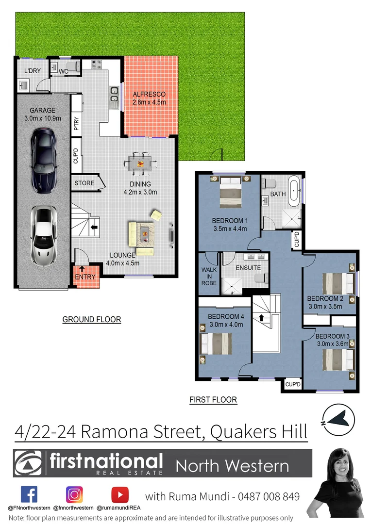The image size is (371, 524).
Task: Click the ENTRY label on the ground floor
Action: click(x=85, y=277)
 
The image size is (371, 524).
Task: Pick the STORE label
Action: click(x=84, y=183)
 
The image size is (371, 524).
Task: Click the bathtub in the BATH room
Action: click(x=294, y=192)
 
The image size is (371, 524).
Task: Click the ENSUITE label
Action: click(x=248, y=268)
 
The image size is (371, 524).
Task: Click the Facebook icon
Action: click(x=29, y=495)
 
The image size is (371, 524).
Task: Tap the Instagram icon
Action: click(x=74, y=495)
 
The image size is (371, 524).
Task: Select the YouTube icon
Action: click(x=119, y=495)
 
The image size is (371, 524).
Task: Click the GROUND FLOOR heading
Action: click(x=92, y=319)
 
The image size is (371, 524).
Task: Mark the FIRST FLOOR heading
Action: click(x=213, y=400)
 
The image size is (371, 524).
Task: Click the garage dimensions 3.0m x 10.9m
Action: click(x=43, y=118)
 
